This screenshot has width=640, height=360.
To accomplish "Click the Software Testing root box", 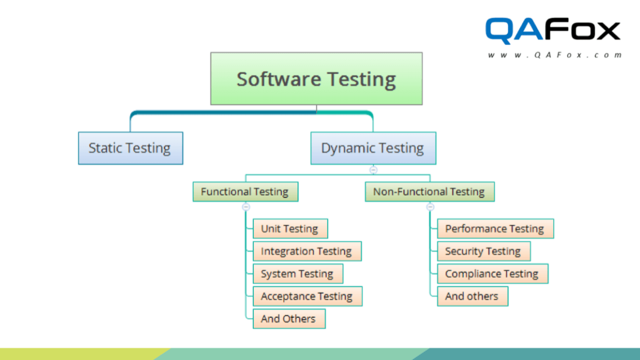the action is coord(316,79).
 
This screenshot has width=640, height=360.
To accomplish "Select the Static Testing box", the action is coord(130,148).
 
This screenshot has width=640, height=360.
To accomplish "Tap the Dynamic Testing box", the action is coord(373,148).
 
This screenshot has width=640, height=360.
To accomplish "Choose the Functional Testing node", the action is coord(245,191).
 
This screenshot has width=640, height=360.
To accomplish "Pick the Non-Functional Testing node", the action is coord(429,191).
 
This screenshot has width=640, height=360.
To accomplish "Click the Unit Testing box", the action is coord(290,229).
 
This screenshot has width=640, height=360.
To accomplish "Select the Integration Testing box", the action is coord(307,251).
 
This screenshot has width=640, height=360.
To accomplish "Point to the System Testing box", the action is coord(297,274).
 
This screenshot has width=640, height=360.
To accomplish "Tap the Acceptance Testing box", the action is coord(307,297).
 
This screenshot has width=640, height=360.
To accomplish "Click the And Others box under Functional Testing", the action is coord(289,319).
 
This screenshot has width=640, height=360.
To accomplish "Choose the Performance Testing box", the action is coord(495,229).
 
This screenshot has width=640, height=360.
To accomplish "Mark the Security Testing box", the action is coord(484,251).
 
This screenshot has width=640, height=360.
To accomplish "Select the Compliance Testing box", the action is coord(492,274).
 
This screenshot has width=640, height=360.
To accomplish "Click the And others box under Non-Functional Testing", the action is coord(472,297).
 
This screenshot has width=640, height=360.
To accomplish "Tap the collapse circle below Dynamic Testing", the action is coord(373,170).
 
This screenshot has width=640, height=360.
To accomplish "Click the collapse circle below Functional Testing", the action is coord(246,207).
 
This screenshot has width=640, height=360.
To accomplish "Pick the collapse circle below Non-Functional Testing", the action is coord(430,207).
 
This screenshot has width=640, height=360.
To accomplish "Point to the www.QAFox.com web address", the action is coord(555,55).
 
